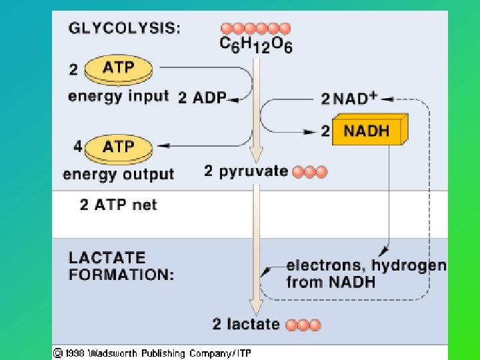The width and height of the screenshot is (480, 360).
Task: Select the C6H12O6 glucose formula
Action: click(256, 45)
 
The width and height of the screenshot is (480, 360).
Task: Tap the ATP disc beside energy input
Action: click(119, 69)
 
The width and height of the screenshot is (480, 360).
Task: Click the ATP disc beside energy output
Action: click(119, 147)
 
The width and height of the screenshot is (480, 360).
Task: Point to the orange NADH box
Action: click(368, 130)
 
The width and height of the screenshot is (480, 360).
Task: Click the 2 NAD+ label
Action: click(349, 99)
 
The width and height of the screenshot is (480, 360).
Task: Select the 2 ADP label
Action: click(201, 98)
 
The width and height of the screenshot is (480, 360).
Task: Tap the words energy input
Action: click(118, 96)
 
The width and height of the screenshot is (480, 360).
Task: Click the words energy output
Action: click(118, 175)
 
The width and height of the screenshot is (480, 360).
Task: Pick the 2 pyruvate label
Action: click(245, 171)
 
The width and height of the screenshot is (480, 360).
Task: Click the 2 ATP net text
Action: click(118, 205)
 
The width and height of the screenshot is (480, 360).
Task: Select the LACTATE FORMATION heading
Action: click(121, 265)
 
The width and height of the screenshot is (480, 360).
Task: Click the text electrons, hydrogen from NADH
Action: click(365, 273)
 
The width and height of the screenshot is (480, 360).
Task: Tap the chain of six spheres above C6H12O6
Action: click(255, 28)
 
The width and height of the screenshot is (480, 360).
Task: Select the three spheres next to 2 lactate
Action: click(303, 325)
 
